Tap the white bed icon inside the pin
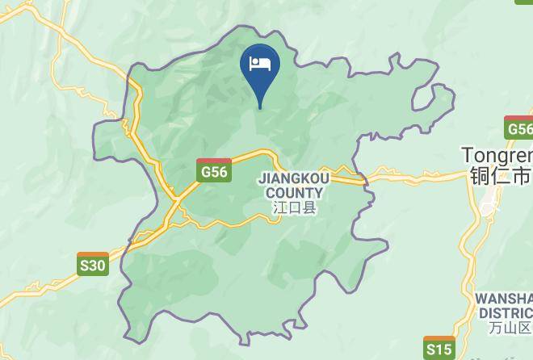(260, 63)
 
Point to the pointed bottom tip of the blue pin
(260, 107)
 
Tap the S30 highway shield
(93, 264)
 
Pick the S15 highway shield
(439, 348)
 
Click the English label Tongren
(497, 154)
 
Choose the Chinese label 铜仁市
(499, 174)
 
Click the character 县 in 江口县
(309, 207)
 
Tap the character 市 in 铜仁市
(523, 174)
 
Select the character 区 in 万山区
(526, 327)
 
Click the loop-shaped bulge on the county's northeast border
(433, 98)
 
